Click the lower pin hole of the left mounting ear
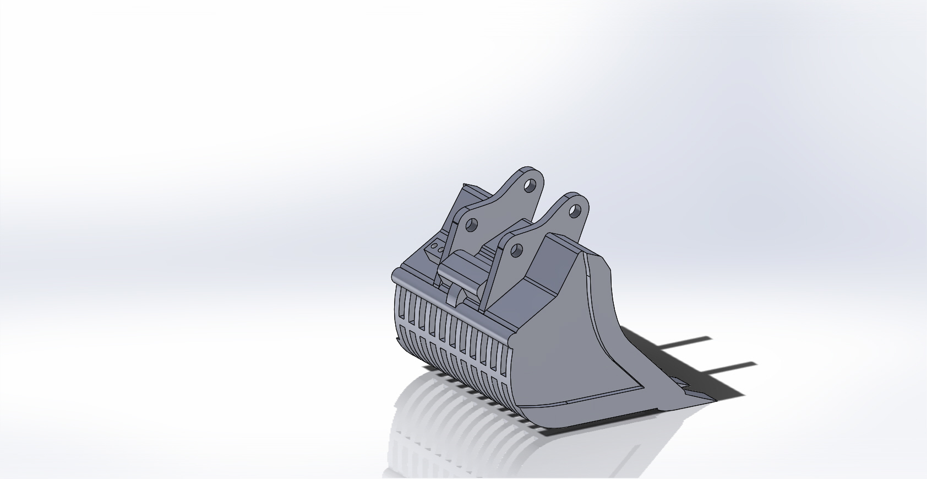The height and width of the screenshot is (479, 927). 472,224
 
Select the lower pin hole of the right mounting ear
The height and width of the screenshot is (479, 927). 516,251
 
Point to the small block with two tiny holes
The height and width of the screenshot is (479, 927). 437,250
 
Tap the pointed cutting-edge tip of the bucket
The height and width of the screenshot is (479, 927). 710,398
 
